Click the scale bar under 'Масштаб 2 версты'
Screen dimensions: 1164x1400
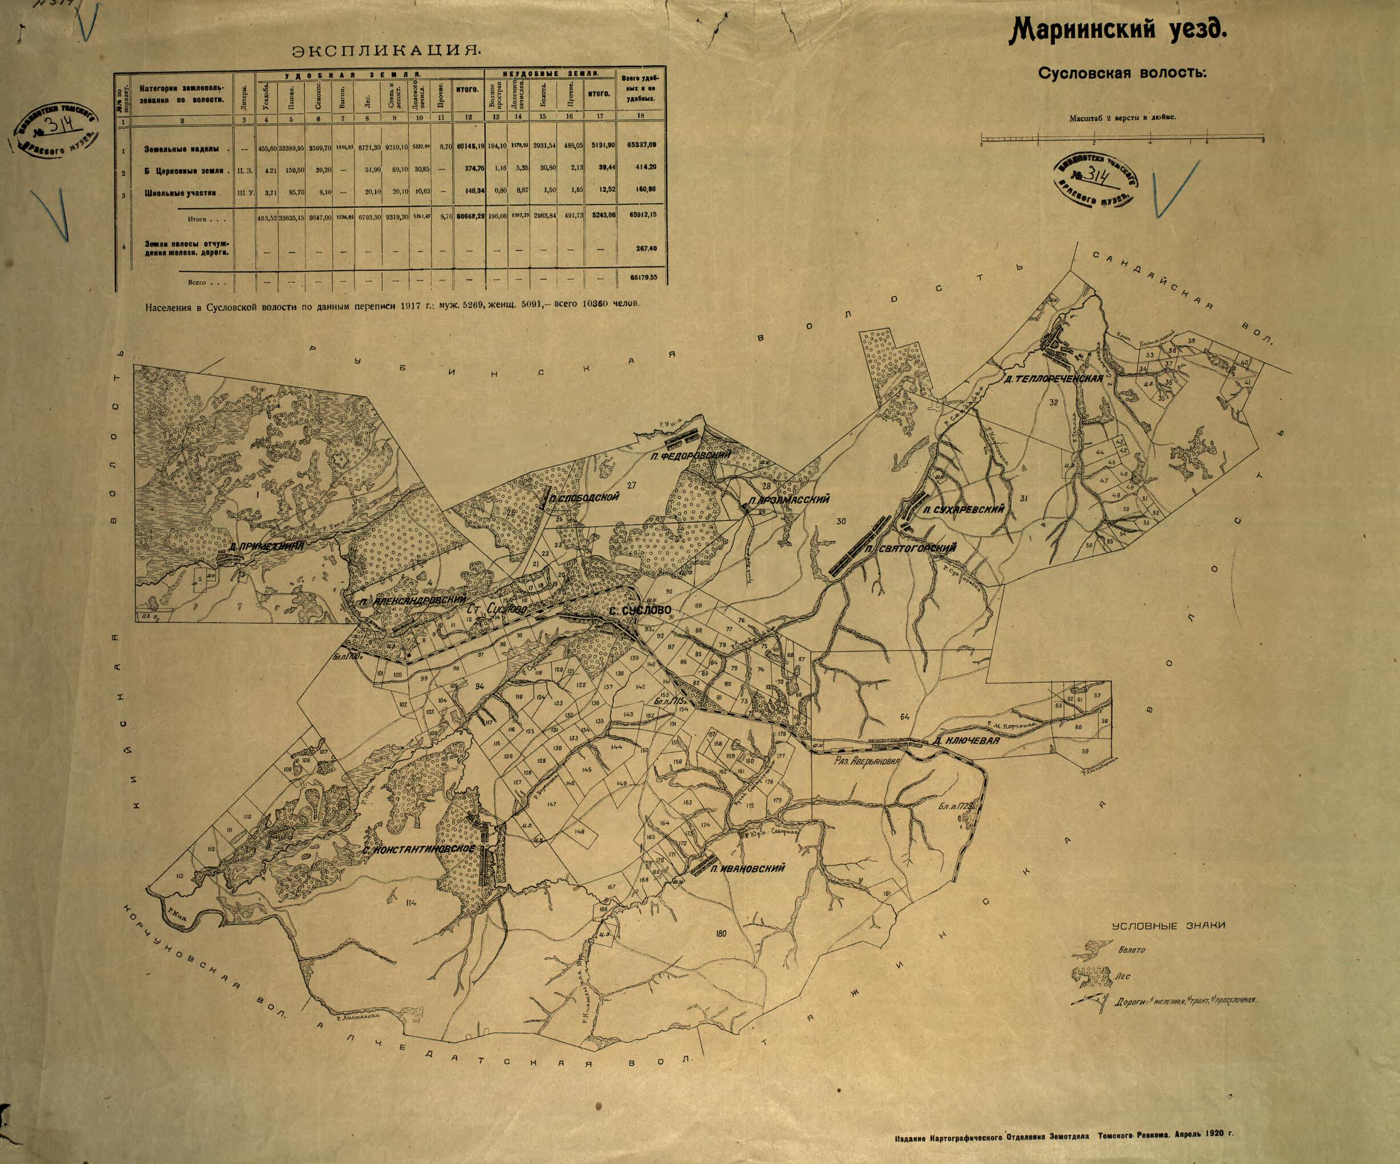[1122, 141]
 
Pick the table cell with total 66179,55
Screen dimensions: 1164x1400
[643, 277]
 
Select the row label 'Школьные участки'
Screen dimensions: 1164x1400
[180, 192]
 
